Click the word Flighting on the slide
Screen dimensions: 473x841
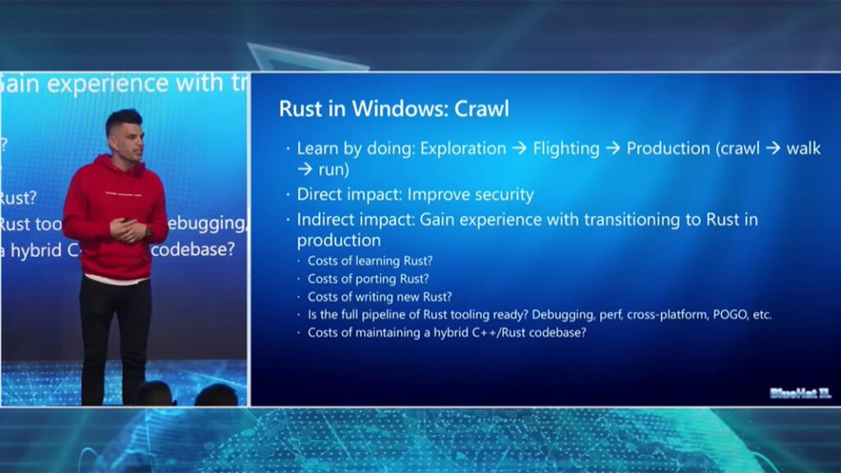pyautogui.click(x=566, y=149)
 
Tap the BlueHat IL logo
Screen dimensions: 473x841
pyautogui.click(x=800, y=393)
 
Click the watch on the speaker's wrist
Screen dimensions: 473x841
pyautogui.click(x=148, y=232)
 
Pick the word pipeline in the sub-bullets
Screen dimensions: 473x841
pyautogui.click(x=385, y=315)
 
